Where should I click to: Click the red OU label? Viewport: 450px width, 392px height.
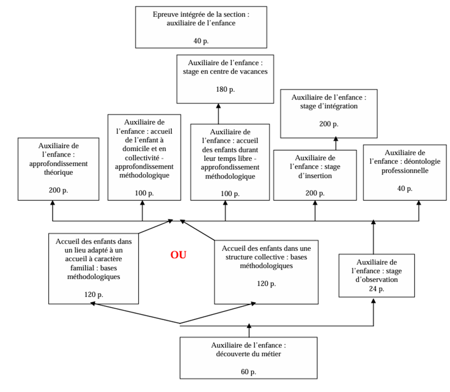179,255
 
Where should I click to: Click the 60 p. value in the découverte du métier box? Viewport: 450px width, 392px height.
249,372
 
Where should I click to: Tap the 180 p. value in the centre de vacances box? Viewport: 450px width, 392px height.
225,89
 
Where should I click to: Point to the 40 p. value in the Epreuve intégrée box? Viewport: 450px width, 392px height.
201,41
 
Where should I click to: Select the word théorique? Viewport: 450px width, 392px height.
59,172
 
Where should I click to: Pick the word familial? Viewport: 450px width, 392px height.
80,267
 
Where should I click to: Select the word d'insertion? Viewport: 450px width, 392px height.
315,176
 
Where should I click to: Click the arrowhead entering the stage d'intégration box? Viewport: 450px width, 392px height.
335,140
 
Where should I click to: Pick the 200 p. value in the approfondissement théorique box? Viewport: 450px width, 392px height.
59,190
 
